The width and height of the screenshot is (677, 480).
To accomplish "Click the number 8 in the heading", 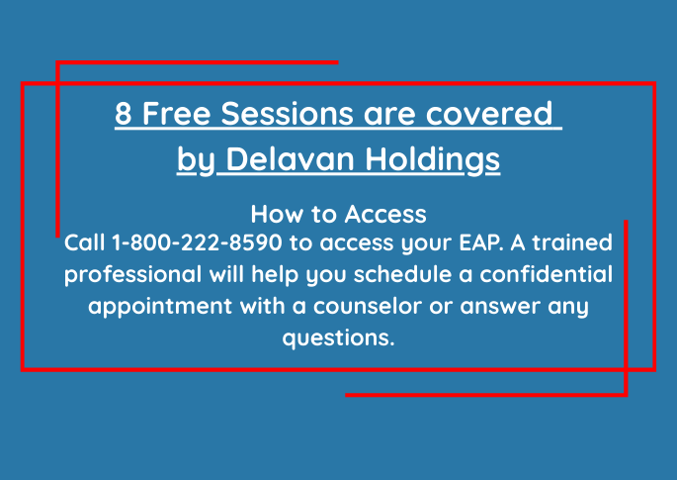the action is point(124,113).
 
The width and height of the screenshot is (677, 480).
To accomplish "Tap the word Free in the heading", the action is point(177,113).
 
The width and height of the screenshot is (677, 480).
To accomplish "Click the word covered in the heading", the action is point(489,113).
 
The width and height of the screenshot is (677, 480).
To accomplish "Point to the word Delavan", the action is point(291,158).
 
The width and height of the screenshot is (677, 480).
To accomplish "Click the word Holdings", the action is point(433,160).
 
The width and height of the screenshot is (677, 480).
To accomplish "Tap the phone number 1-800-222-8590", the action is point(197,242).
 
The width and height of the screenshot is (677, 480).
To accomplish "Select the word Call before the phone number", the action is point(85,242).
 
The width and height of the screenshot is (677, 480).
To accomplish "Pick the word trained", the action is point(572,242).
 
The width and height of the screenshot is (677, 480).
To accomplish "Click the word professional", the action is point(133,275).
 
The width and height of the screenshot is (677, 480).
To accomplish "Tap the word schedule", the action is point(402,274).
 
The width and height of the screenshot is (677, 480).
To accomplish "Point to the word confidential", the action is point(547,274).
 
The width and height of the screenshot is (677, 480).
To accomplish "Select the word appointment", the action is point(161,307).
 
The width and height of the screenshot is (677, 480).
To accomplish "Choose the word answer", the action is point(500,306).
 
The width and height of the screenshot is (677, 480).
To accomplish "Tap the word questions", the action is point(338,338).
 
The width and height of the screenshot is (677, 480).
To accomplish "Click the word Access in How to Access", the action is point(385,214).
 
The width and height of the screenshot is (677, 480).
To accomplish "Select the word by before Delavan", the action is point(196,160).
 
